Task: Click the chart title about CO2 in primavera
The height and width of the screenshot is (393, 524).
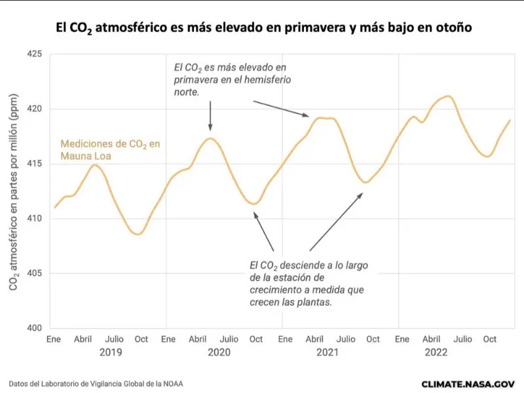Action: point(262,28)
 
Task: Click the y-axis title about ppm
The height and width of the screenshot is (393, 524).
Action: point(14,190)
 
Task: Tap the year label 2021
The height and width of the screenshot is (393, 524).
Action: point(327,352)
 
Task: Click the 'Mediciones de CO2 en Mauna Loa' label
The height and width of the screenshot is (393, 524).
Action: point(109,150)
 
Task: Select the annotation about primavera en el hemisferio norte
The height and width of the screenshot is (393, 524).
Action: point(231,80)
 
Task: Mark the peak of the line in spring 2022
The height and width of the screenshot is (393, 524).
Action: point(447,96)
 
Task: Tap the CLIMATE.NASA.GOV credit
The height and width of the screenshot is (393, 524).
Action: point(468,384)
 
